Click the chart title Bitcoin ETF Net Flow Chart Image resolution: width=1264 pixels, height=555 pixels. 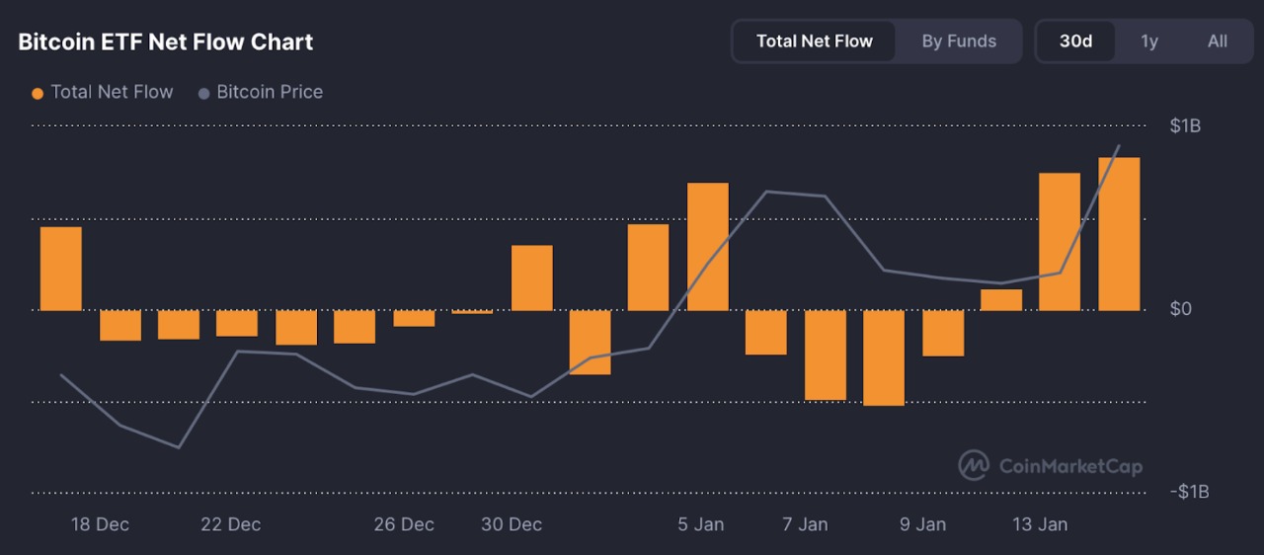(166, 41)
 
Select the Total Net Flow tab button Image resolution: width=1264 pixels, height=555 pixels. (814, 41)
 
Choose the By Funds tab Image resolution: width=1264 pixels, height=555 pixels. (959, 41)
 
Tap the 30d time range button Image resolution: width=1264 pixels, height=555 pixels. (1075, 41)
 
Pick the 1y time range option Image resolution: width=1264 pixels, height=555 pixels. (1149, 41)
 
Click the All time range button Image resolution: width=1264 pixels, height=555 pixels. (1218, 41)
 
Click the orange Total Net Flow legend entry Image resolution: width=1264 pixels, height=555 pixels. (103, 92)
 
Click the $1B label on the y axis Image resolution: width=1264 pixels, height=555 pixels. (1185, 125)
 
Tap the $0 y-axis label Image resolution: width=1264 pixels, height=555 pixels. (1180, 309)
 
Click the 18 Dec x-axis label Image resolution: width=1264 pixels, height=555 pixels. (100, 524)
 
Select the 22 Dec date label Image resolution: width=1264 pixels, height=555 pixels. (231, 524)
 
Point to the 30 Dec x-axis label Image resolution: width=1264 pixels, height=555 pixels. (512, 524)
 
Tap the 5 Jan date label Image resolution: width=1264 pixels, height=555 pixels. (701, 524)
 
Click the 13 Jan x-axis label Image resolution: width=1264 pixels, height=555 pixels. (1039, 524)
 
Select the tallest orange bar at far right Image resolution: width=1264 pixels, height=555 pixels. (1119, 234)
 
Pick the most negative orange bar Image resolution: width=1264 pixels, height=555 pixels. (884, 357)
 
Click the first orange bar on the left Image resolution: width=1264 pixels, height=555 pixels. (60, 269)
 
